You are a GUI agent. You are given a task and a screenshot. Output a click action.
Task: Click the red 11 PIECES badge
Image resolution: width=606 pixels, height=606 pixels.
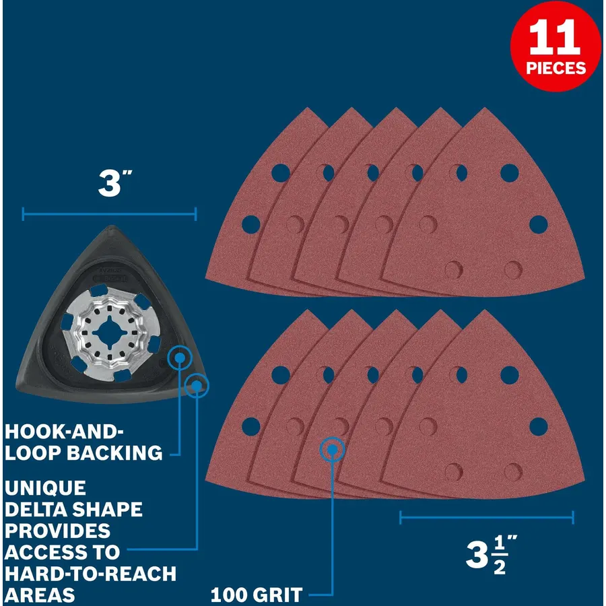point(555,46)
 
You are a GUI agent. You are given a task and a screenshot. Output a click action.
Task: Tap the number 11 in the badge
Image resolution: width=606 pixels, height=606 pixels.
point(555,38)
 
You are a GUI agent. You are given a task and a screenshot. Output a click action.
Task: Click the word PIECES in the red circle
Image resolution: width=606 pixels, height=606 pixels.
point(555,68)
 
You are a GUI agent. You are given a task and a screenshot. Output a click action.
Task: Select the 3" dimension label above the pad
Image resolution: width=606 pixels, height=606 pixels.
point(114,184)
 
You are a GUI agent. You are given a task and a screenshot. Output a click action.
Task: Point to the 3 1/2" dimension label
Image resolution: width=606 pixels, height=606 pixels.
point(491,555)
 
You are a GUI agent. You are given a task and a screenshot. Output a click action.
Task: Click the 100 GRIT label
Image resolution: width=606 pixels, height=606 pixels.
point(257,595)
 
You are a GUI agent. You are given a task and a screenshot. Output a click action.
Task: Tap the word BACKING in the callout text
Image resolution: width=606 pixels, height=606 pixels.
point(114,453)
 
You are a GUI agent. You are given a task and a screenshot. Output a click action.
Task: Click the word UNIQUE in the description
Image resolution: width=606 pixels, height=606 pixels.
point(45,488)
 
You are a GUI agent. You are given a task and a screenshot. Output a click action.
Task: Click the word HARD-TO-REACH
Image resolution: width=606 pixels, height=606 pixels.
point(90,574)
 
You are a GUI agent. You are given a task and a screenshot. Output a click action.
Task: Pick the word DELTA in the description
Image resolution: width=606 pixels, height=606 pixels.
point(29,510)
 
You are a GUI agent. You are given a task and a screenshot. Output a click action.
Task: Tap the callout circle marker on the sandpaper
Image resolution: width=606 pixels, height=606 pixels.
point(332,450)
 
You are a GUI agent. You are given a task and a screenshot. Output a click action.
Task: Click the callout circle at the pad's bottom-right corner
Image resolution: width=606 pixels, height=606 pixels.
point(197,386)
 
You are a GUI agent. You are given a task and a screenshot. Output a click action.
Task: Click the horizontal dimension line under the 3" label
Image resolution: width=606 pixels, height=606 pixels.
point(110,214)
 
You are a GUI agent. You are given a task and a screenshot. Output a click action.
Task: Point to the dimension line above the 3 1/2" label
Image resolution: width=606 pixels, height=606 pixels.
point(487,518)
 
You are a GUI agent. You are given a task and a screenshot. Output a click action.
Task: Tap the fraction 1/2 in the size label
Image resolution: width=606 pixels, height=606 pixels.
point(500,555)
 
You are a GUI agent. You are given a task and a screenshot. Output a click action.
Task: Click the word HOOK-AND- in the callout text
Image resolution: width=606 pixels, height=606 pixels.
point(64,432)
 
